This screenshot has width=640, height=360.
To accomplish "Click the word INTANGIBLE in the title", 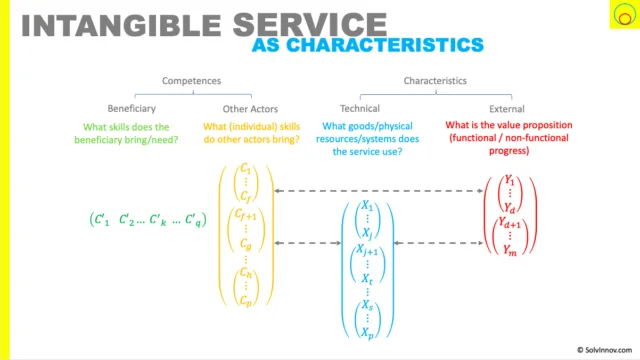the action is [x=121, y=25].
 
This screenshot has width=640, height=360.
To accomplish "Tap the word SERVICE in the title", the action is [x=310, y=24].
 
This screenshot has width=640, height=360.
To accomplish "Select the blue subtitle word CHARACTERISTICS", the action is [x=385, y=45].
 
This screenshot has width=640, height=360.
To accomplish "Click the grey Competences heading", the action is [x=191, y=81].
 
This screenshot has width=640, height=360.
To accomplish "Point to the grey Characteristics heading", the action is [x=435, y=81].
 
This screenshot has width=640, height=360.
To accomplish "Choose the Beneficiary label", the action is [x=131, y=109].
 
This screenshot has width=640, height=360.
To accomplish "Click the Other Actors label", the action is [x=250, y=109].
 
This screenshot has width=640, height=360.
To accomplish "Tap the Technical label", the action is [x=360, y=109].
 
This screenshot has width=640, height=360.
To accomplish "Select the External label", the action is [x=507, y=109].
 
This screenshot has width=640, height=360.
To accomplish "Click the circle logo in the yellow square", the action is [x=624, y=15].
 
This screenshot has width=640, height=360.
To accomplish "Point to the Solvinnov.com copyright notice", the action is [x=604, y=350].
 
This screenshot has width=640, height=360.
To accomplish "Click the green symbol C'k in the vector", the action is [x=158, y=220].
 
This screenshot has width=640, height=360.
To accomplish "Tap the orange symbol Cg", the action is [x=246, y=244].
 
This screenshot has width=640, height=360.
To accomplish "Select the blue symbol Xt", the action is [x=367, y=279].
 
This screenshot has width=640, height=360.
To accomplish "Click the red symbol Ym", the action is [x=510, y=249].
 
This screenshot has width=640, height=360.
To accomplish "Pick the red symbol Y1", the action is [x=509, y=180].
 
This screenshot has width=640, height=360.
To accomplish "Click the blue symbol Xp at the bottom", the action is [x=367, y=333].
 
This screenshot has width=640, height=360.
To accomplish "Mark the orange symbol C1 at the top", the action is [x=246, y=168].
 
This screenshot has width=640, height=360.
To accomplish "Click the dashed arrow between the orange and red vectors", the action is [x=379, y=191].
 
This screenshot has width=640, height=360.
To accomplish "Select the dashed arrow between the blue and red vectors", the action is [x=438, y=243].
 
